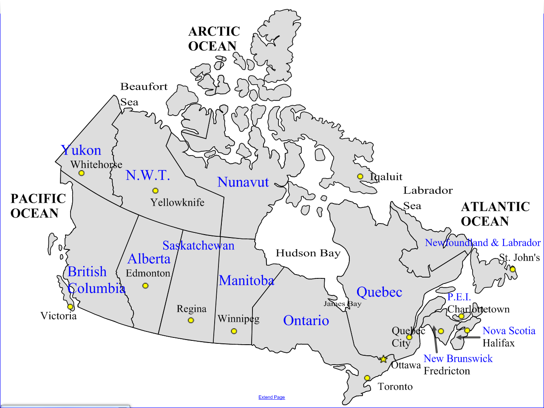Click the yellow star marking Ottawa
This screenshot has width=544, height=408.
click(x=383, y=359)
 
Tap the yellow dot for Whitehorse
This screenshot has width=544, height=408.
click(x=81, y=173)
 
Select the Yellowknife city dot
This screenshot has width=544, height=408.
click(x=156, y=191)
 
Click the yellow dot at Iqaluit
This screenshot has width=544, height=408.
click(x=360, y=176)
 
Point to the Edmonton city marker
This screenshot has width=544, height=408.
click(x=145, y=286)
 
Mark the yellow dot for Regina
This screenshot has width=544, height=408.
click(x=191, y=320)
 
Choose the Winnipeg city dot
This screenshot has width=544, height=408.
click(x=234, y=331)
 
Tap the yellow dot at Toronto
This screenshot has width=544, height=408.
click(x=367, y=378)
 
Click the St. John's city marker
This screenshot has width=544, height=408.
click(x=513, y=269)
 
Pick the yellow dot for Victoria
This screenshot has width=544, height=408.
click(x=70, y=307)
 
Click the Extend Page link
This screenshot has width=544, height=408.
click(x=272, y=397)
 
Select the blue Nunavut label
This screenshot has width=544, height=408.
click(x=243, y=182)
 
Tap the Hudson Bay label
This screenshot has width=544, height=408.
click(x=308, y=253)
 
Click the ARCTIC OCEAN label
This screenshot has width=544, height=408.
click(x=214, y=39)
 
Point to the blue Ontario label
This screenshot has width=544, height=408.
click(x=306, y=320)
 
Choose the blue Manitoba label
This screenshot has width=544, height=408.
click(x=246, y=280)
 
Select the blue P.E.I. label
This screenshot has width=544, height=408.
click(x=459, y=297)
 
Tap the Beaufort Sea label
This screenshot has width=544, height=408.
click(x=144, y=94)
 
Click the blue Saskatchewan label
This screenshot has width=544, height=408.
click(x=198, y=246)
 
